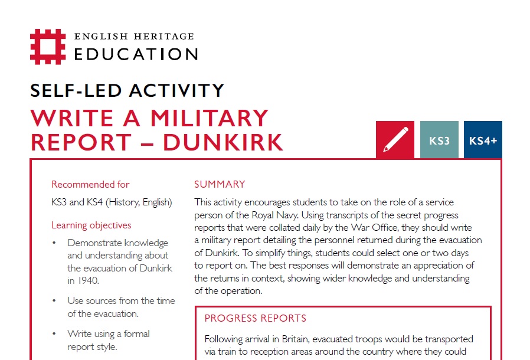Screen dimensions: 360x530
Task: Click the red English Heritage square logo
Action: pyautogui.click(x=48, y=47)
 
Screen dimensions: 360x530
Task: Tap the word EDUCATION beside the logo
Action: pyautogui.click(x=136, y=54)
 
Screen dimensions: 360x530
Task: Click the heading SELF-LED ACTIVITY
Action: pyautogui.click(x=127, y=90)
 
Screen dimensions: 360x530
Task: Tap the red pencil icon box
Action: pyautogui.click(x=395, y=140)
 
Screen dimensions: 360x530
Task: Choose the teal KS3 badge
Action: pyautogui.click(x=439, y=140)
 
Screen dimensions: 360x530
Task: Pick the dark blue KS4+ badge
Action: pyautogui.click(x=483, y=140)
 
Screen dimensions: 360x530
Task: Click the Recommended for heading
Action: pyautogui.click(x=90, y=184)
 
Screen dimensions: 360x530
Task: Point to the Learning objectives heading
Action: pyautogui.click(x=91, y=225)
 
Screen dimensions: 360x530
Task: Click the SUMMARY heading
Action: pyautogui.click(x=220, y=184)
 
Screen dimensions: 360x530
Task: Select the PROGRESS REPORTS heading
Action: pyautogui.click(x=256, y=318)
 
